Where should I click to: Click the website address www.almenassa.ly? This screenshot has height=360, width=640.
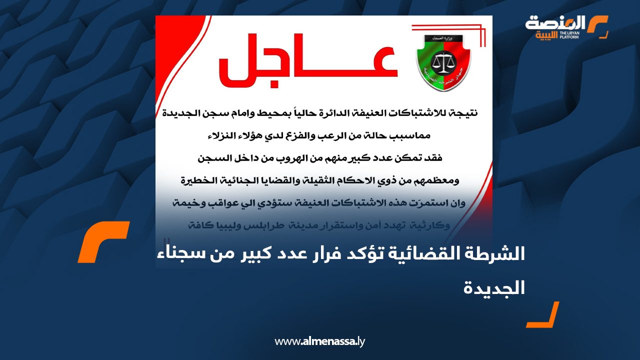pos(320,342)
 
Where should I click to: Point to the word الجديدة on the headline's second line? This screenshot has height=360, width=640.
pos(493,287)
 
